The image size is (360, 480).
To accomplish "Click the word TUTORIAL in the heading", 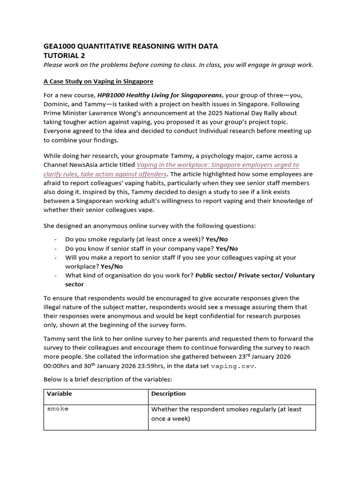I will (60, 55).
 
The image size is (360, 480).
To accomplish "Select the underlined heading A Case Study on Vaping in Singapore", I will (98, 81).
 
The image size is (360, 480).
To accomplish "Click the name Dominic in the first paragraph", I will (58, 104).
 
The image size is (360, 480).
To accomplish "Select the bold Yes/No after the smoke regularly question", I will (217, 239).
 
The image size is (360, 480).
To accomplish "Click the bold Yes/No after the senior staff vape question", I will (227, 248).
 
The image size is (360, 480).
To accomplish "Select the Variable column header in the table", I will (59, 394).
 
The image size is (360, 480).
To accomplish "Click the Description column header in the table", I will (168, 394).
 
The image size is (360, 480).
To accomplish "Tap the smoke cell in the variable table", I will (58, 409).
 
